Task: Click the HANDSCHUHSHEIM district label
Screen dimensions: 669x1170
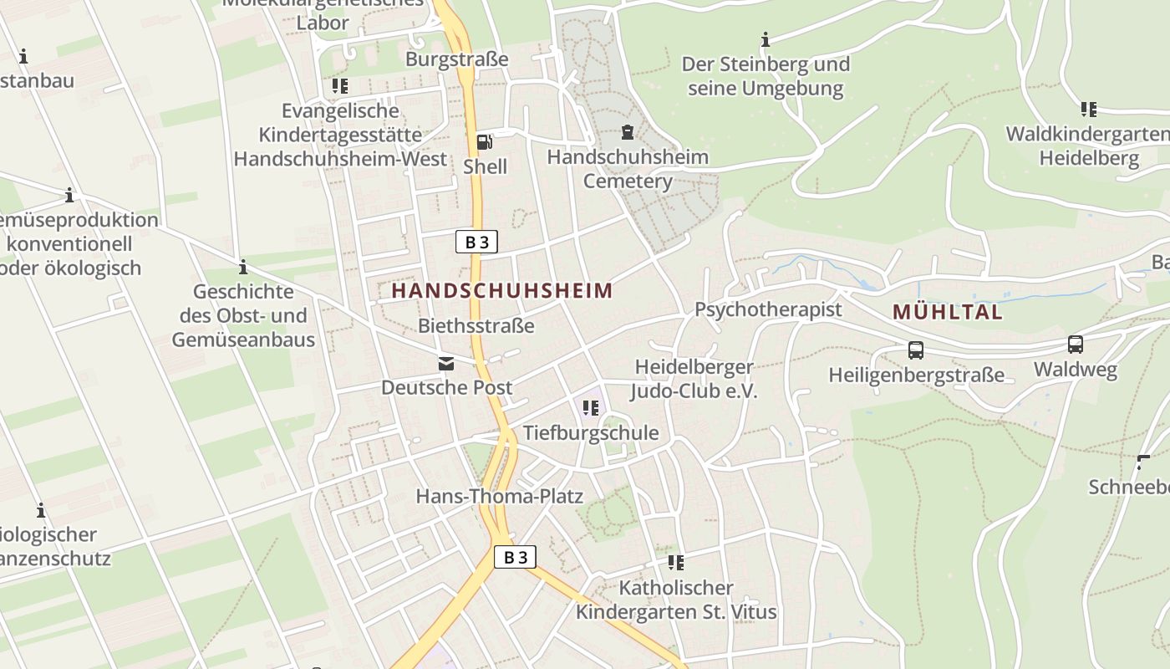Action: [501, 291]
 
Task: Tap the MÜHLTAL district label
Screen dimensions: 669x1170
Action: [947, 313]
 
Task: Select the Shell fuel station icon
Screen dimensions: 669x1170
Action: [484, 141]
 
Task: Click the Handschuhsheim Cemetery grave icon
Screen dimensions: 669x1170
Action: [627, 131]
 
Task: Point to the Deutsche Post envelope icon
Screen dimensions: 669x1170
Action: [445, 363]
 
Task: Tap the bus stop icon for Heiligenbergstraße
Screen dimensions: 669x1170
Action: [915, 350]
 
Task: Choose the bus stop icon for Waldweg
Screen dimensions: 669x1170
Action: [1075, 344]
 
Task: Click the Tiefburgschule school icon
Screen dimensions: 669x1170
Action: [591, 408]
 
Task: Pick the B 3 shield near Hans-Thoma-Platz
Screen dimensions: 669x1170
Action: [515, 557]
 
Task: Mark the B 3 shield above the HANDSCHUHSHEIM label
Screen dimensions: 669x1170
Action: [476, 243]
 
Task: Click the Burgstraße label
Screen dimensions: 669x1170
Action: [456, 59]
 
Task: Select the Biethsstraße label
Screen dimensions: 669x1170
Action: [476, 325]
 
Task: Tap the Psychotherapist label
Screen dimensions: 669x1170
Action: [768, 309]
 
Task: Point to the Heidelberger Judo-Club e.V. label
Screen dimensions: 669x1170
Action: [694, 379]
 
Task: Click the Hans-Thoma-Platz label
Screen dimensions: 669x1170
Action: [499, 496]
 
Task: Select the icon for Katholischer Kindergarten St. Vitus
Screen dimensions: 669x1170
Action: [675, 563]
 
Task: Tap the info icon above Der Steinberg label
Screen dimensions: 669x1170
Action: [765, 39]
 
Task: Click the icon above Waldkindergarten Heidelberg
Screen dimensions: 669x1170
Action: [1088, 109]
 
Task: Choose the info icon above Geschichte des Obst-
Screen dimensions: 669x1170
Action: [243, 268]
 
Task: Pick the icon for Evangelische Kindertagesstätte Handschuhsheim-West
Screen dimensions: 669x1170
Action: [339, 85]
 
